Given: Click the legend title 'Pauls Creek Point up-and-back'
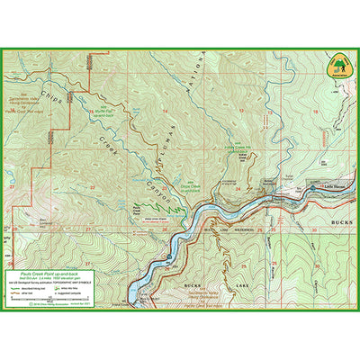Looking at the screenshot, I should point(50,271).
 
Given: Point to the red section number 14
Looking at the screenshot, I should point(166,110).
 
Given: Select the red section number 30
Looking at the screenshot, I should point(314,229).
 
